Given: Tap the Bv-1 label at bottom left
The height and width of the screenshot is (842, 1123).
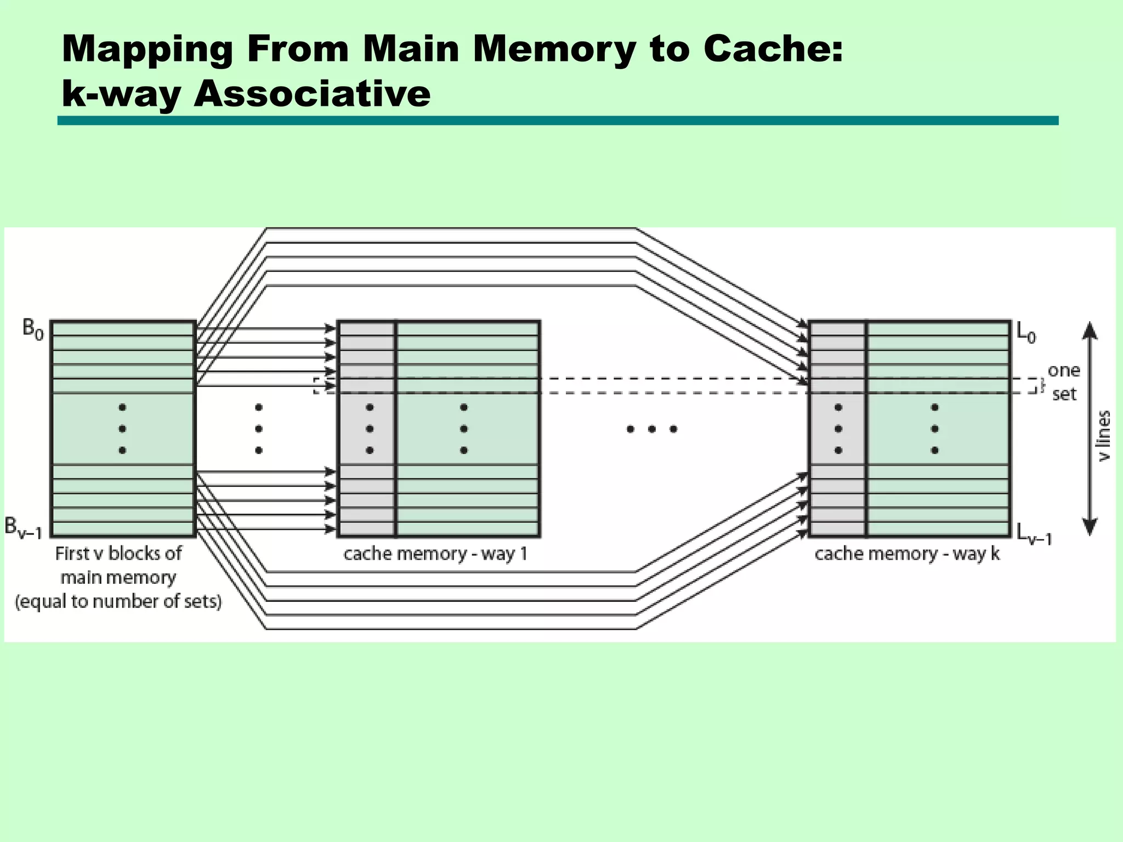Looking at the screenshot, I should (23, 527).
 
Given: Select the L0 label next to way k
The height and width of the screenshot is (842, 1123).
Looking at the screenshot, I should (1026, 332).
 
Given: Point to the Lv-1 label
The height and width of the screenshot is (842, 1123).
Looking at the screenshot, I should (1034, 534).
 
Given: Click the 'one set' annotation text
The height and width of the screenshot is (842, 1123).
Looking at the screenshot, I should (1064, 382).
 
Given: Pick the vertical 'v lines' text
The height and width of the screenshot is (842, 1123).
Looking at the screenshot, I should (1104, 436).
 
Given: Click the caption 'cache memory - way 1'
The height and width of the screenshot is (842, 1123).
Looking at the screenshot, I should (435, 554).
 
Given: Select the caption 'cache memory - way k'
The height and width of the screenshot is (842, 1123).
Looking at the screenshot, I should (907, 554).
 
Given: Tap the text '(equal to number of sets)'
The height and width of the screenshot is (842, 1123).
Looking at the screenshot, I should (118, 602).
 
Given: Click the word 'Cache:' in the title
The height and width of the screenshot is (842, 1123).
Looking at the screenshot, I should (773, 49).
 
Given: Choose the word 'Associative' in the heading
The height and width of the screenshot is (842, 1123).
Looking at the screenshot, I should (312, 93).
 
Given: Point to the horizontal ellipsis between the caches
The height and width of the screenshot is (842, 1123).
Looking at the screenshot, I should (651, 429).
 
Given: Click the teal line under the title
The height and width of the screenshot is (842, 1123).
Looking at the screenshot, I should (558, 121).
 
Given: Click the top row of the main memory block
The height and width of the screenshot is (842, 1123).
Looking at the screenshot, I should (123, 329).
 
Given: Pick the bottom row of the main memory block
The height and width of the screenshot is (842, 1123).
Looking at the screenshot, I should (123, 529).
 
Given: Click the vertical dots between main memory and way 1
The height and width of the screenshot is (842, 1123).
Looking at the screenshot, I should (259, 429).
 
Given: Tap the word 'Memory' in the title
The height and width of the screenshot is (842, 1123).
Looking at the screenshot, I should (554, 49).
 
